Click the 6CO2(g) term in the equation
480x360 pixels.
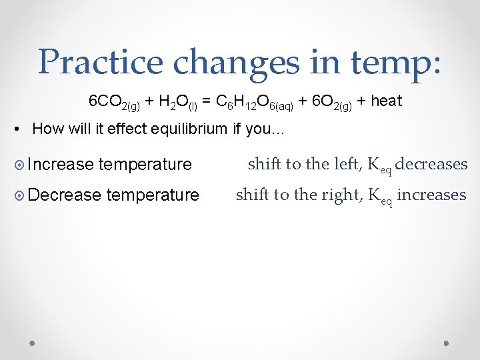[115, 102]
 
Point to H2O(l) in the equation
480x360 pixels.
[176, 102]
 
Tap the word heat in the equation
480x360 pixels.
[387, 101]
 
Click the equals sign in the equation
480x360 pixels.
[207, 101]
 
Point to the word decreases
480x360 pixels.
[431, 164]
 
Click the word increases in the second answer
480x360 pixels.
[431, 195]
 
